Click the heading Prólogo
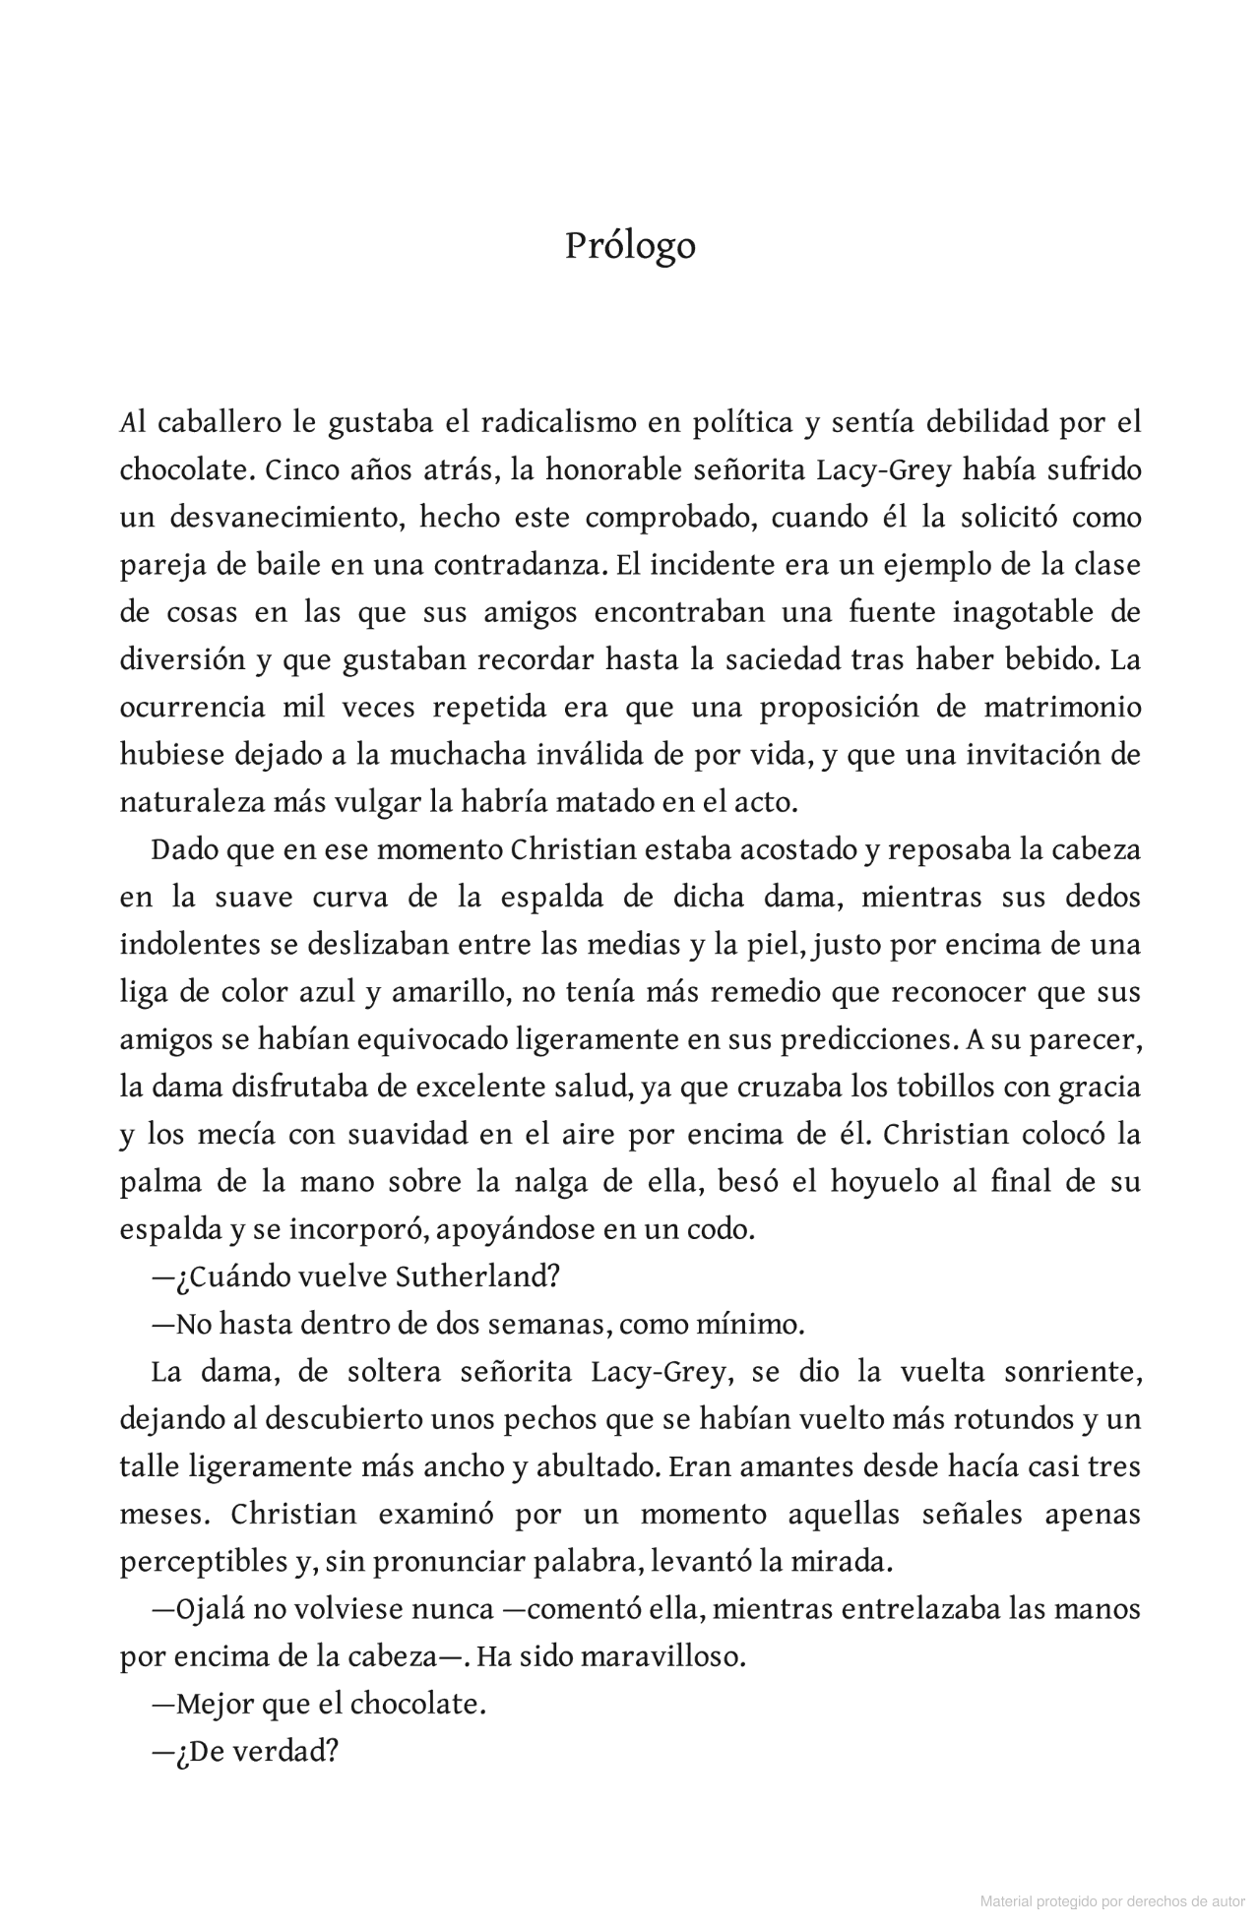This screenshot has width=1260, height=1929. (630, 246)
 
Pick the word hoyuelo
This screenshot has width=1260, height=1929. (884, 1182)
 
